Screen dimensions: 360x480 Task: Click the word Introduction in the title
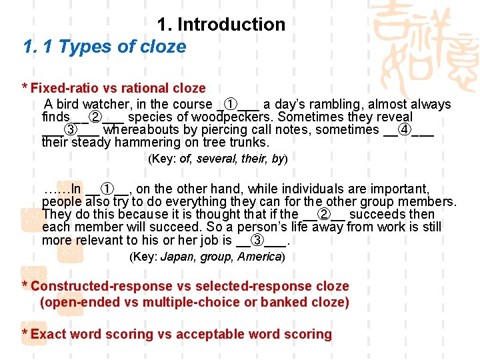tap(231, 25)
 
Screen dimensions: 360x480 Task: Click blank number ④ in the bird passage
tap(404, 129)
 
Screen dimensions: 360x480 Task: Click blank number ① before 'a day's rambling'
tap(229, 105)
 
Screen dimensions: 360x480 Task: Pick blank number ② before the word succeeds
tap(325, 215)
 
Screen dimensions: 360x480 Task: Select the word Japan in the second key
tap(177, 257)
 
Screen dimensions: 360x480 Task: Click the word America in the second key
tap(262, 257)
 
